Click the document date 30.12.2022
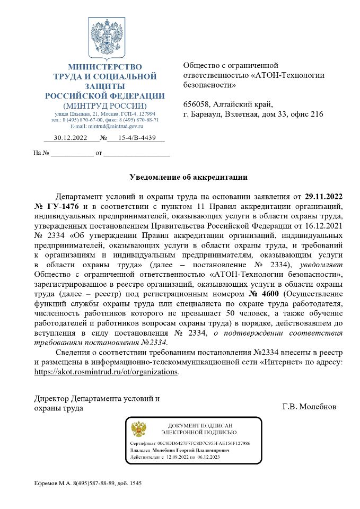click(x=70, y=138)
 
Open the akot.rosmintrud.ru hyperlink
click(x=106, y=372)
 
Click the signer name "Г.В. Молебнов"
click(x=309, y=407)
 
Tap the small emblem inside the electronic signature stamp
click(x=138, y=429)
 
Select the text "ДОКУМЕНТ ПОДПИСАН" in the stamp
click(x=200, y=426)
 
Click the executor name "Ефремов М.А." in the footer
click(x=50, y=484)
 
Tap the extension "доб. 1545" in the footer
click(x=129, y=484)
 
